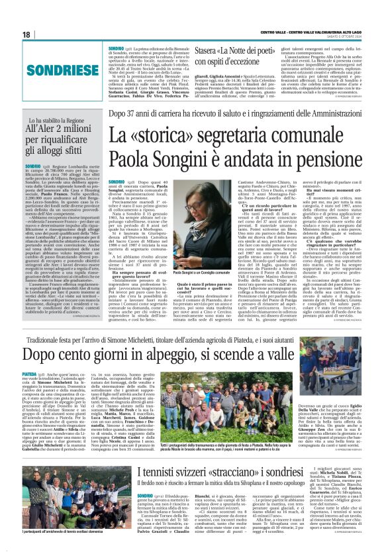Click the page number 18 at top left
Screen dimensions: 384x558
[26, 34]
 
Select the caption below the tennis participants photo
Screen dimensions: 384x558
[64, 551]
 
